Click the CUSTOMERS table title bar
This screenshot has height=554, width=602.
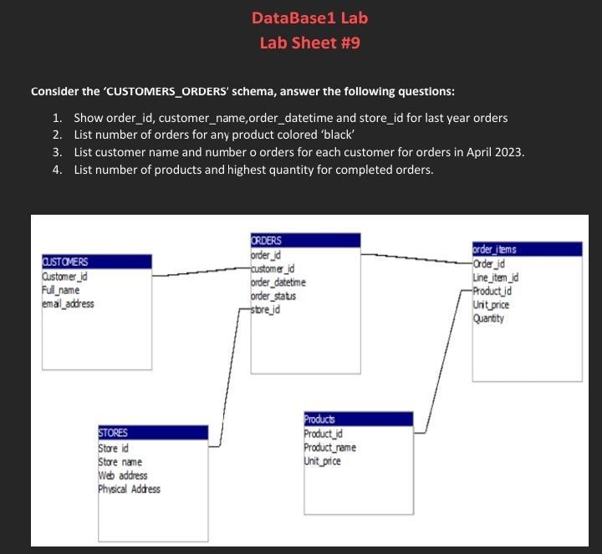(x=96, y=262)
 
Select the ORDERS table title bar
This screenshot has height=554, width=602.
(x=305, y=241)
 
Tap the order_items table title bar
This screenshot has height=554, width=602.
(x=527, y=249)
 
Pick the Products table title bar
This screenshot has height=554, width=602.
(x=357, y=419)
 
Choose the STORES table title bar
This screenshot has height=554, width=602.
(x=152, y=433)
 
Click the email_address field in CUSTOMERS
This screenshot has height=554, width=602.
(x=68, y=303)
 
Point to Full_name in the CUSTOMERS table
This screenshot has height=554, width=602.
(x=60, y=290)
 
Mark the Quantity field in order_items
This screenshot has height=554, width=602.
(x=490, y=318)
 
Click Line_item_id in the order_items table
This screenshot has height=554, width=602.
(x=496, y=277)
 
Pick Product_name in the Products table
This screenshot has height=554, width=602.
(x=330, y=447)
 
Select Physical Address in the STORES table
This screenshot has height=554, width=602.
(x=130, y=489)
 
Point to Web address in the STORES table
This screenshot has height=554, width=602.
(x=123, y=475)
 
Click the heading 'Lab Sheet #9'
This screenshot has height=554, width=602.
(x=309, y=43)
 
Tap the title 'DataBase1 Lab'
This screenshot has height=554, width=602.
(x=309, y=18)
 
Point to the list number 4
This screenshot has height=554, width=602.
(x=56, y=170)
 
